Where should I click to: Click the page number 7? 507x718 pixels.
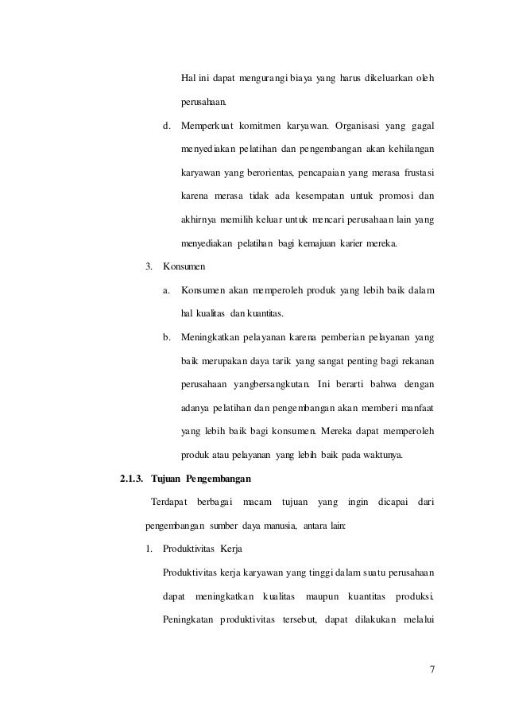point(432,668)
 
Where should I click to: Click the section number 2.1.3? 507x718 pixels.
point(130,479)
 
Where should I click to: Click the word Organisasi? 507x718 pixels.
point(345,126)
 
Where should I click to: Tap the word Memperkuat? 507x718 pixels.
point(209,126)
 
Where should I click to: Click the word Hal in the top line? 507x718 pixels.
point(189,77)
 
